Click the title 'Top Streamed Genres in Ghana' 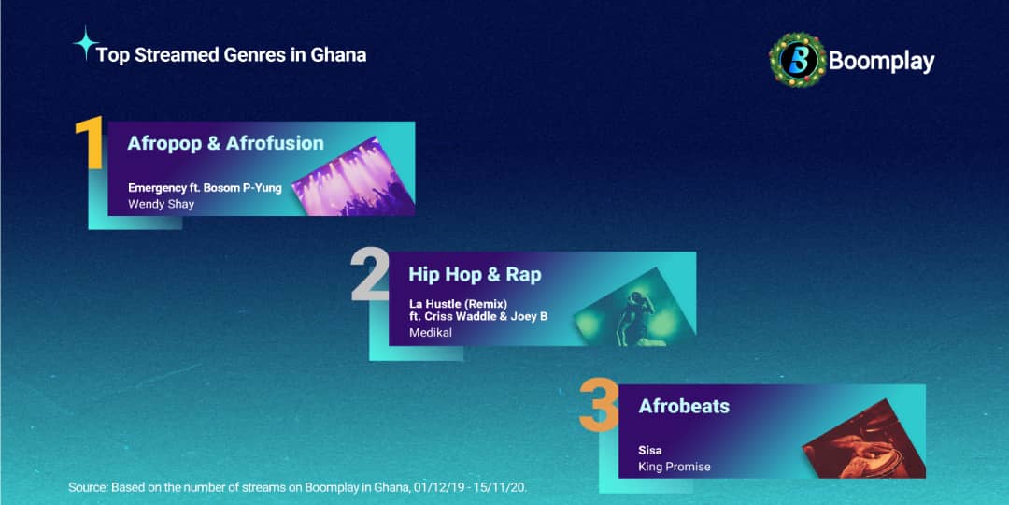[231, 54]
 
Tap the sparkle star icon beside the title [86, 43]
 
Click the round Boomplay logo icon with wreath [797, 61]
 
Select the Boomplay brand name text [881, 62]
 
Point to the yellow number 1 [90, 144]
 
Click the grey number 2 [369, 275]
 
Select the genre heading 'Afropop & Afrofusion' [225, 143]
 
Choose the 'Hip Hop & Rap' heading [475, 274]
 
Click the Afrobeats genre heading [684, 407]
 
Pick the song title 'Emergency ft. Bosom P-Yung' [205, 188]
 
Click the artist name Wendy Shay [161, 204]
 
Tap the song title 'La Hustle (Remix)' [458, 304]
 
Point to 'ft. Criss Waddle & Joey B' [477, 317]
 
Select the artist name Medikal [430, 333]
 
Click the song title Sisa [650, 451]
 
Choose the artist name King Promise [675, 467]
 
